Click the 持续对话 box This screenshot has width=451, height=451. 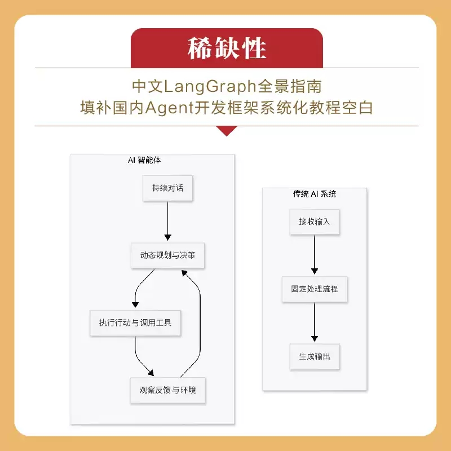167,188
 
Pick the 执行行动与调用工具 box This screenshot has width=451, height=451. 135,322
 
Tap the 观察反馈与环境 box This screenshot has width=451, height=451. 167,390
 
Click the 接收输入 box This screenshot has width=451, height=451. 315,222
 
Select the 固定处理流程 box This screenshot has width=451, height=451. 315,289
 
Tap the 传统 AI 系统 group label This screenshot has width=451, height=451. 314,193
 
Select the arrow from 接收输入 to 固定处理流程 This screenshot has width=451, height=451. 315,254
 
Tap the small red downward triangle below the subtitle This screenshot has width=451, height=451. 227,131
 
